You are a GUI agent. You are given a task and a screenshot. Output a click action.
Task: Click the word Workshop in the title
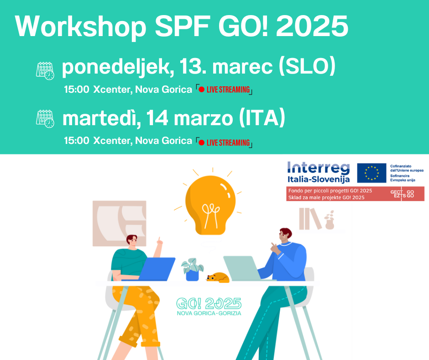click(x=80, y=26)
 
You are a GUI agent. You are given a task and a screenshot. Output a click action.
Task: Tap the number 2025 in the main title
click(x=312, y=26)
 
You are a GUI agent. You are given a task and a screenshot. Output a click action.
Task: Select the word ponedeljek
click(x=116, y=68)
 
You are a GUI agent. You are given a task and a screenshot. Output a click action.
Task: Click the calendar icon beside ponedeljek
click(x=45, y=71)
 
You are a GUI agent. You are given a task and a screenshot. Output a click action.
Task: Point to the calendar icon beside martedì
click(x=45, y=119)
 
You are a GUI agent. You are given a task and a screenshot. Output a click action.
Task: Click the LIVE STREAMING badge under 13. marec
click(x=224, y=90)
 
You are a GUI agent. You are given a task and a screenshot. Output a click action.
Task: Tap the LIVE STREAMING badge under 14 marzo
click(x=224, y=143)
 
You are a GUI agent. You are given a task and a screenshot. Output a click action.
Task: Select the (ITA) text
click(x=262, y=118)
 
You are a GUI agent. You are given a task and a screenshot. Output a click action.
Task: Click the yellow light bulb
click(x=210, y=204)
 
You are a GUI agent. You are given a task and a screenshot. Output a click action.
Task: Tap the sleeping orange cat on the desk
click(x=218, y=277)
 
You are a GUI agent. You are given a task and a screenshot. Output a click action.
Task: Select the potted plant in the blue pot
click(x=192, y=270)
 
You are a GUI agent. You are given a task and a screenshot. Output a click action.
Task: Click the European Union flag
click(x=371, y=173)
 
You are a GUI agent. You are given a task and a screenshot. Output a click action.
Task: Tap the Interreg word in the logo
click(x=319, y=168)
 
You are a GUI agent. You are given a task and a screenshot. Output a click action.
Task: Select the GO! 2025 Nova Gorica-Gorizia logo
click(x=209, y=307)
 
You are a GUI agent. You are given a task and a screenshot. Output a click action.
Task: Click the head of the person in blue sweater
click(x=285, y=236)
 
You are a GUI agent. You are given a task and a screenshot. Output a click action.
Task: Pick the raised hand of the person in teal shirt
click(x=159, y=241)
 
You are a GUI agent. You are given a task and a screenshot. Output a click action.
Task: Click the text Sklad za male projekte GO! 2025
click(x=326, y=197)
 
